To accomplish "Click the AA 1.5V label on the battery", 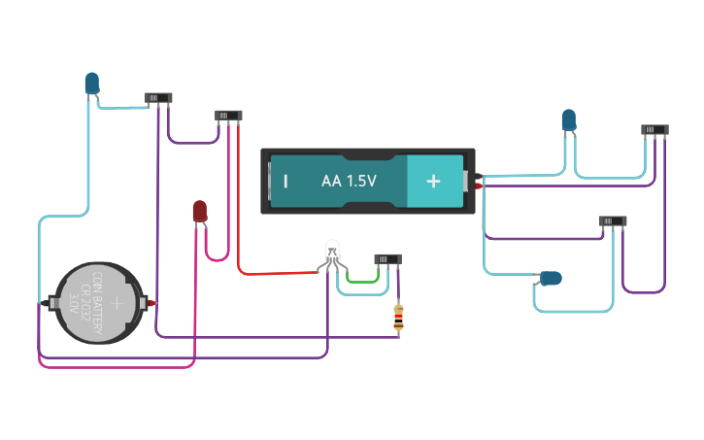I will click(x=349, y=182).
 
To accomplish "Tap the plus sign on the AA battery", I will click(x=433, y=181).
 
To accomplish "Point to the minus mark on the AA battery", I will click(x=285, y=182).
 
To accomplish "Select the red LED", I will click(x=199, y=211).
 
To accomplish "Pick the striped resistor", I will click(x=398, y=317).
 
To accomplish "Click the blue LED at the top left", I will click(x=91, y=84).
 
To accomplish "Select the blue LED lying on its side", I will click(x=550, y=279).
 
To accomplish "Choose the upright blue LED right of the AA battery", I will click(x=568, y=120).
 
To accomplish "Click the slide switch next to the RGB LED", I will click(x=387, y=258).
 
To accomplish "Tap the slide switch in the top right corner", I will click(x=654, y=129).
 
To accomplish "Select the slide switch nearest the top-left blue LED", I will click(x=158, y=98).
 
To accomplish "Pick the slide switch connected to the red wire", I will click(x=228, y=116).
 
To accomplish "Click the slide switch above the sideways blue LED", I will click(x=612, y=220).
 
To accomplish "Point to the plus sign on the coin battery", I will click(x=117, y=303).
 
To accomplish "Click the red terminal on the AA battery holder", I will click(x=479, y=185).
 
